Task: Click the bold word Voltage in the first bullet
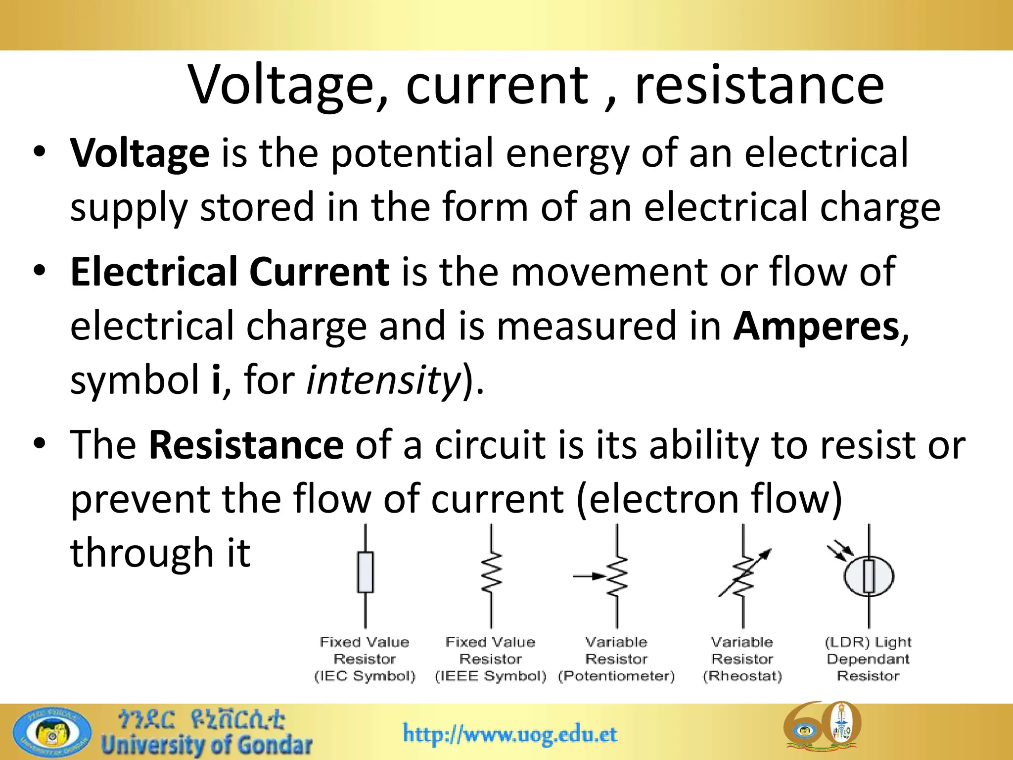[x=140, y=153]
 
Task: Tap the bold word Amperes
[x=816, y=326]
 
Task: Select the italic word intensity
[x=383, y=380]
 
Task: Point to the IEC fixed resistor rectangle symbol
[x=365, y=572]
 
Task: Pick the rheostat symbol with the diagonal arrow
[x=743, y=574]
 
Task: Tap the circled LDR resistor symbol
[x=869, y=576]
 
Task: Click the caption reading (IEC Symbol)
[x=365, y=676]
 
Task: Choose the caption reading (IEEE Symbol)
[x=491, y=676]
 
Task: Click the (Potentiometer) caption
[x=616, y=676]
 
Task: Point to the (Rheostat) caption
[x=742, y=676]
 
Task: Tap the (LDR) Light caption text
[x=868, y=642]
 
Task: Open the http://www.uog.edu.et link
[x=510, y=733]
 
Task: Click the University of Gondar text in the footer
[x=207, y=745]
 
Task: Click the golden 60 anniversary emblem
[x=822, y=727]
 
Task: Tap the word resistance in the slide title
[x=759, y=85]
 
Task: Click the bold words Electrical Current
[x=230, y=272]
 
